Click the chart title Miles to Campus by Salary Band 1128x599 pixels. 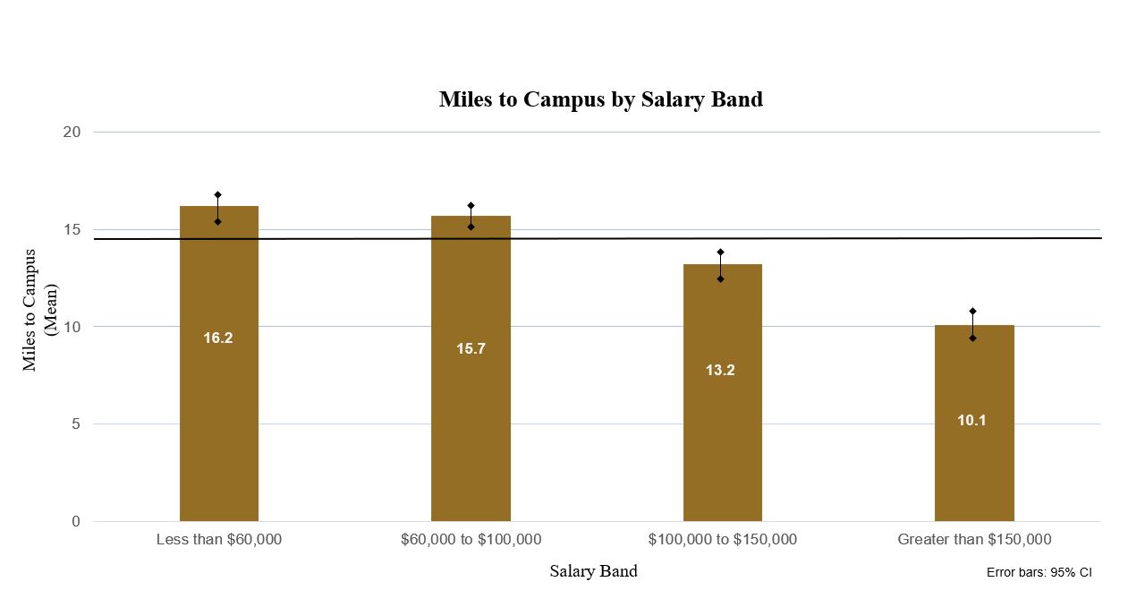coord(600,99)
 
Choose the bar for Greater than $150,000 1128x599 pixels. coord(973,466)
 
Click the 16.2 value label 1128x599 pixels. coord(218,338)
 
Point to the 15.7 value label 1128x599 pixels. coord(471,349)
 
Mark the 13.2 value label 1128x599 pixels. coord(720,371)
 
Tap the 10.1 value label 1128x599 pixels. coord(971,420)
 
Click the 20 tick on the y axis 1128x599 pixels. coord(72,133)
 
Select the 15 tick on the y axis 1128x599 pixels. coord(72,230)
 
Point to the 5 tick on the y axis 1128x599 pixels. coord(76,424)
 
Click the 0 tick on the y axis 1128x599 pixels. coord(76,521)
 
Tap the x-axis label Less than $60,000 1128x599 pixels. coord(218,540)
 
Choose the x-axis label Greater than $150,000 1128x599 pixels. coord(974,540)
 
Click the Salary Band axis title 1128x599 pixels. coord(593,571)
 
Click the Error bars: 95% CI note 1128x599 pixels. coord(1039,573)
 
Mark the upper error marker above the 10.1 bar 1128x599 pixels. coord(972,312)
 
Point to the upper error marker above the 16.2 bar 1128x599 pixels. coord(217,194)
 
